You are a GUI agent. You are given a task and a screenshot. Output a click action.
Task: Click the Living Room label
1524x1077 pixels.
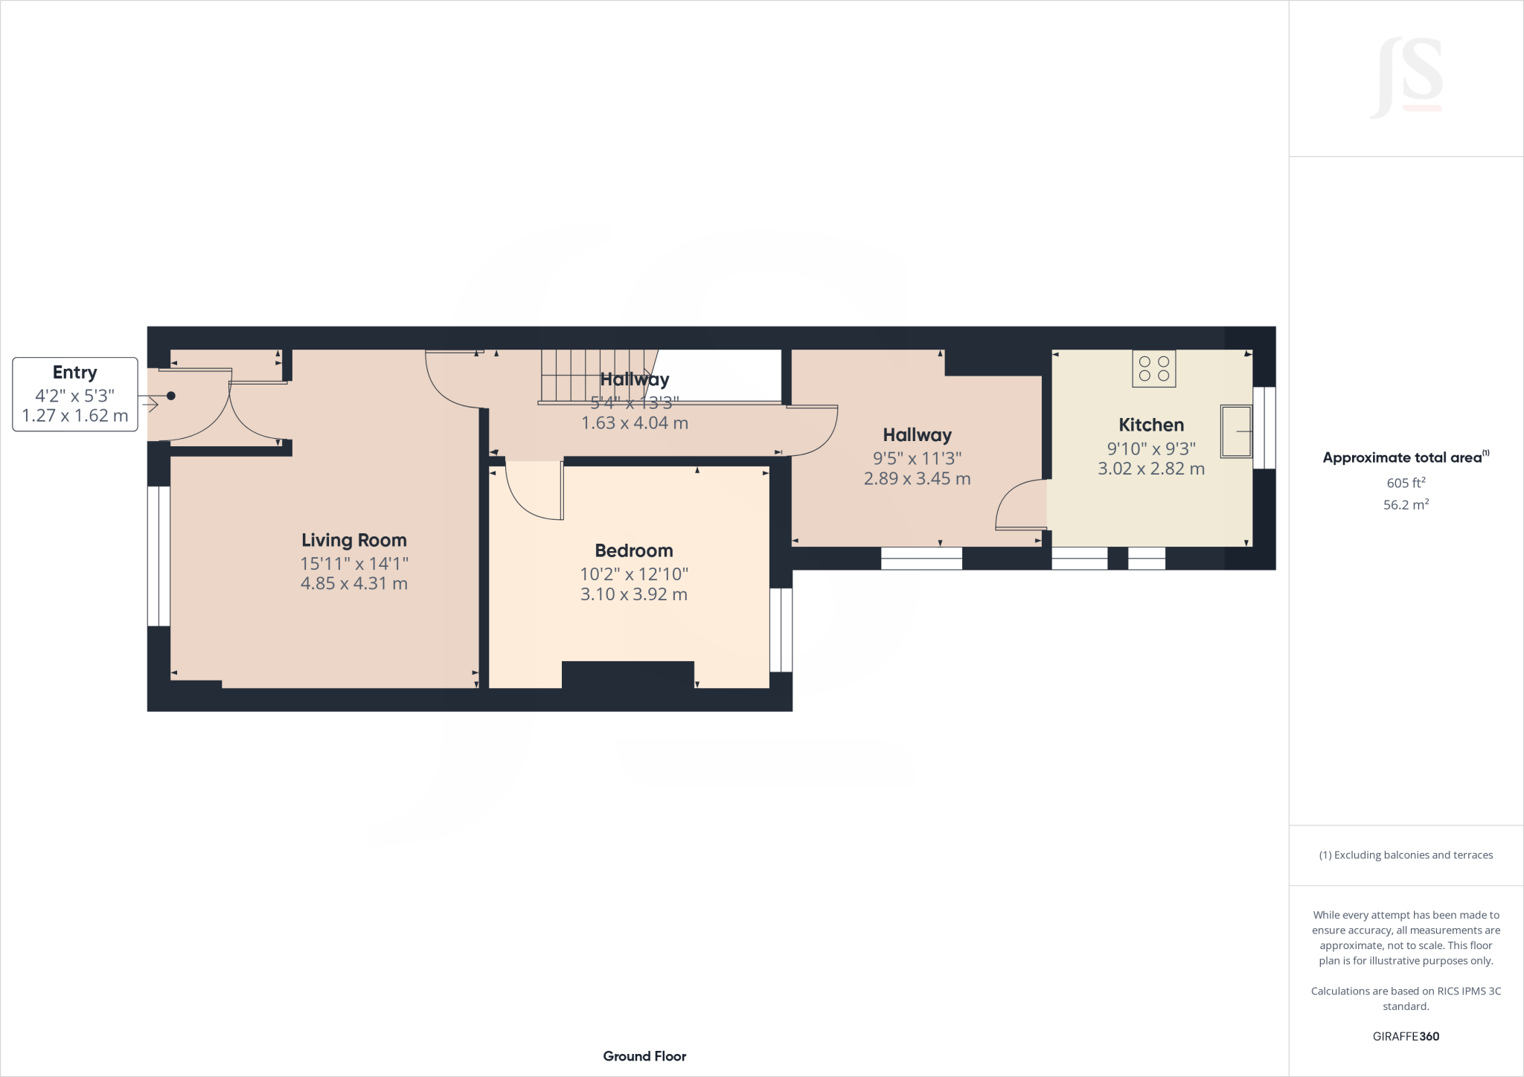tap(354, 540)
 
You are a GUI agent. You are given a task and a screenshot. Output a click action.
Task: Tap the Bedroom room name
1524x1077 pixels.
tap(634, 550)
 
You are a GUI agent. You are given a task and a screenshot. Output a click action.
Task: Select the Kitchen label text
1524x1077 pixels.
tap(1151, 425)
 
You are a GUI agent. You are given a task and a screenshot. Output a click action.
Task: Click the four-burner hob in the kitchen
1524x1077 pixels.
tap(1154, 368)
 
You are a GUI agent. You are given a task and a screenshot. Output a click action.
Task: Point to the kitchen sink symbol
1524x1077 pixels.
tap(1236, 431)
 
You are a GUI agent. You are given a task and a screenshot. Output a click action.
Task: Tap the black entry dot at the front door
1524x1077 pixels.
tap(171, 396)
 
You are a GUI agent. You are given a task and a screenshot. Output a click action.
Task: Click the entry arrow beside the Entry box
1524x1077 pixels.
tap(150, 405)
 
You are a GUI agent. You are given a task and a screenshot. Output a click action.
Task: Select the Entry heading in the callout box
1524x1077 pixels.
tap(74, 373)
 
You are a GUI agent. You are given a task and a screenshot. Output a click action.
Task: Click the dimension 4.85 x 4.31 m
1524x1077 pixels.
tap(354, 584)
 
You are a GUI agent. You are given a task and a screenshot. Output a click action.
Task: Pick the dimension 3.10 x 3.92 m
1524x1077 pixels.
tap(634, 594)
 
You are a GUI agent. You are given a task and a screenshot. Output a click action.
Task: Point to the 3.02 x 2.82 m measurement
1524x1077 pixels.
tap(1151, 469)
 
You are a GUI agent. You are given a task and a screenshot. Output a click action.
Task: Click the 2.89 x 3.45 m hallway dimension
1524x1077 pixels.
tap(917, 479)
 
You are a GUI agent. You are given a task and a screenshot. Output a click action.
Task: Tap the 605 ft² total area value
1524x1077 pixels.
tap(1406, 483)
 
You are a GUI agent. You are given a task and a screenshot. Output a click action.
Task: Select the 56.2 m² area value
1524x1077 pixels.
tap(1406, 505)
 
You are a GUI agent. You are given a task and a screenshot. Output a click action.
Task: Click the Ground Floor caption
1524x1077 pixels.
tap(644, 1056)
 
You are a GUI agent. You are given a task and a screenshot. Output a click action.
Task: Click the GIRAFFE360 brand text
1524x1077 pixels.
tap(1406, 1036)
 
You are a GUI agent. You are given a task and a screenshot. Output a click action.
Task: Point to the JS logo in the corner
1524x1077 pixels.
tap(1407, 78)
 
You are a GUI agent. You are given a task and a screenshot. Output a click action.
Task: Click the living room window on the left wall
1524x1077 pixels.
tap(159, 556)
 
